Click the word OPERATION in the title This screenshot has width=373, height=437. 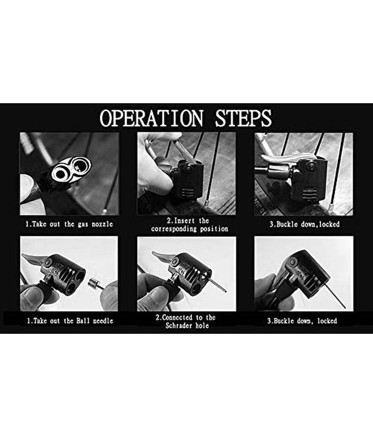click(x=152, y=118)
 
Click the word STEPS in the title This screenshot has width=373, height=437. click(x=243, y=118)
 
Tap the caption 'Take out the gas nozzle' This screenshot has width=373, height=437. click(x=69, y=225)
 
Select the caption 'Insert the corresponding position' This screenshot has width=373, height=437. click(x=190, y=225)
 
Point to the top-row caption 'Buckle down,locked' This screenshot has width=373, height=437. click(x=305, y=225)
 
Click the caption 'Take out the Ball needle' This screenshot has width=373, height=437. click(x=70, y=321)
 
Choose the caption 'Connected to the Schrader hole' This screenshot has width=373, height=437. click(x=186, y=321)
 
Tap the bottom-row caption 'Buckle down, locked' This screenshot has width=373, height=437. click(x=302, y=321)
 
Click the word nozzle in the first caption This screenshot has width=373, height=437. click(x=103, y=225)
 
